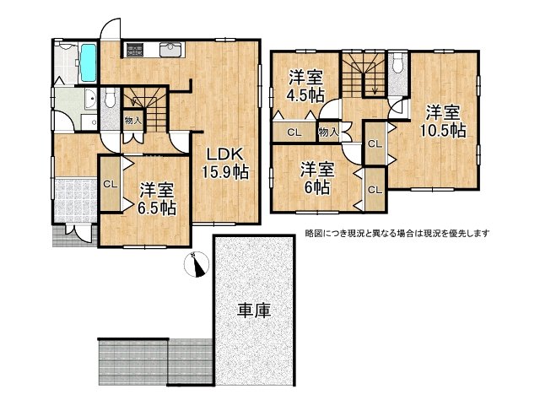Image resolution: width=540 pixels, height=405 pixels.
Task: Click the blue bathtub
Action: (89, 66)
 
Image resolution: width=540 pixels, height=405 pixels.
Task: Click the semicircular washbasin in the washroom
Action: (87, 103)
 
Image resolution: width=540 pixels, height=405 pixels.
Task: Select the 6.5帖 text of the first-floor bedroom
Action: (158, 207)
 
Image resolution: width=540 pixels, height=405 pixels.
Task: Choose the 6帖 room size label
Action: (316, 187)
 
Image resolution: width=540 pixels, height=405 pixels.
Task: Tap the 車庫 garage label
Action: (253, 310)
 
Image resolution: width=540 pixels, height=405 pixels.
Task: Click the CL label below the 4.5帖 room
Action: (294, 132)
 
